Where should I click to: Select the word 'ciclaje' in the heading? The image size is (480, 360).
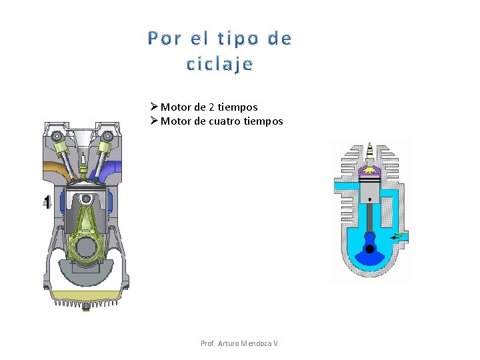pos(220,65)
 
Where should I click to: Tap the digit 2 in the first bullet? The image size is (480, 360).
pos(211,107)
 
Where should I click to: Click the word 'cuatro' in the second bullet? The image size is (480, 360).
pos(225,121)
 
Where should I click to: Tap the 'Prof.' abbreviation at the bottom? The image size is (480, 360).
pos(208,343)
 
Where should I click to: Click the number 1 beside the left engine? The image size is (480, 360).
pos(47,202)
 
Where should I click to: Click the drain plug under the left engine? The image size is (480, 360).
pos(85,307)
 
